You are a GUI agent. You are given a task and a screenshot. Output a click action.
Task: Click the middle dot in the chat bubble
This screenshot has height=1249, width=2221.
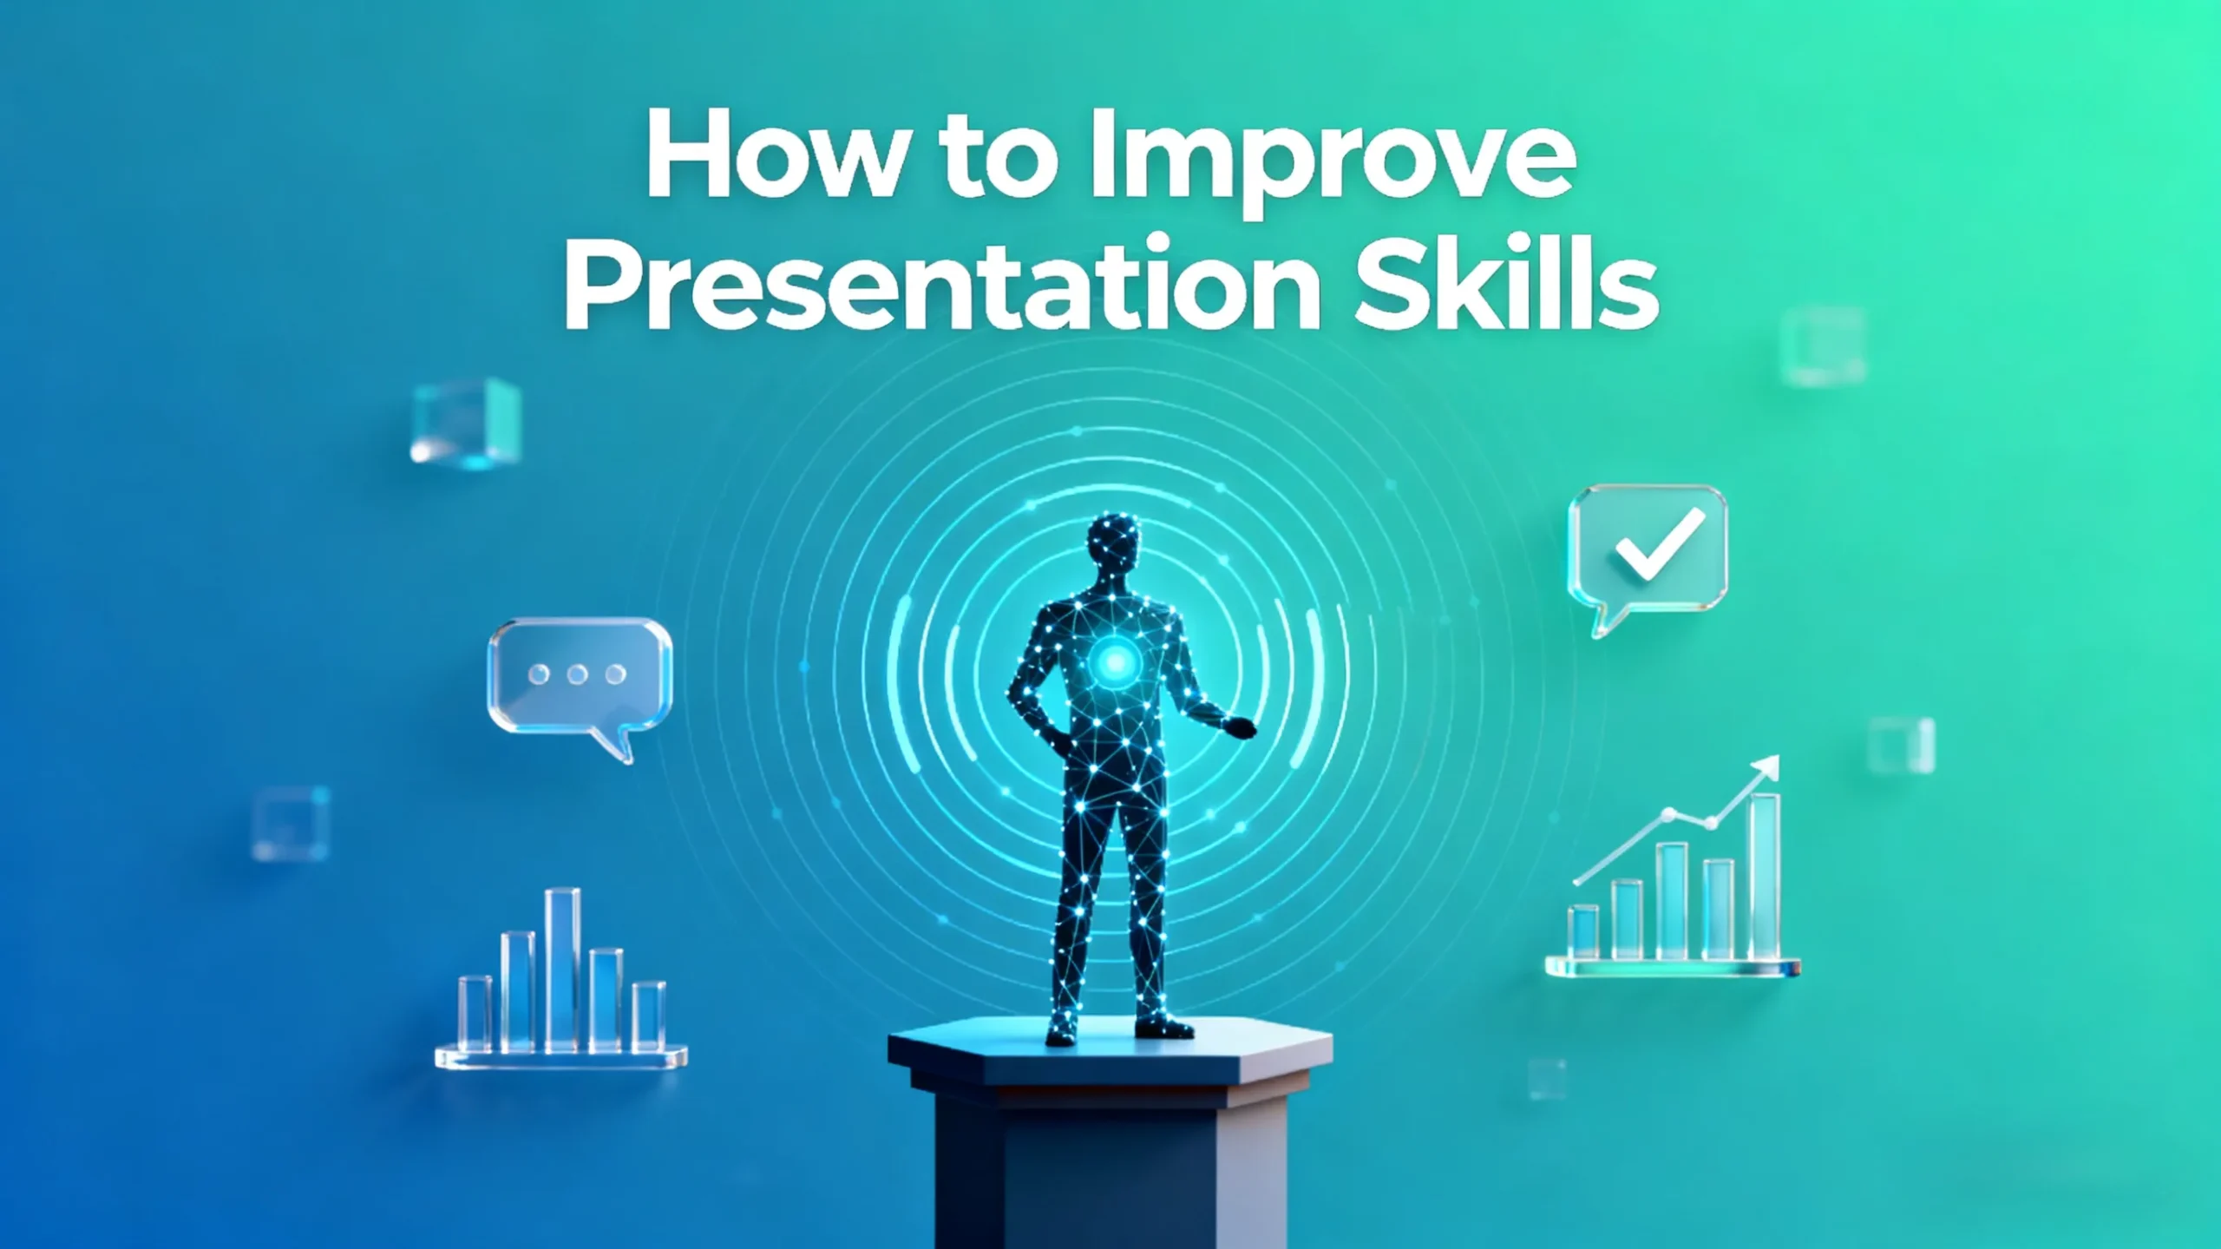pos(577,674)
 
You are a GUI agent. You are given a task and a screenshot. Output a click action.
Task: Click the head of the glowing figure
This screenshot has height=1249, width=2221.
pos(1114,549)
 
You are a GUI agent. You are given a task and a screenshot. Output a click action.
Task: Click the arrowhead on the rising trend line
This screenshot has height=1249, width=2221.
pos(1766,769)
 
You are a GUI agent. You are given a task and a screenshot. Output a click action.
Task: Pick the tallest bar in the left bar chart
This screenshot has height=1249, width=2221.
pos(562,970)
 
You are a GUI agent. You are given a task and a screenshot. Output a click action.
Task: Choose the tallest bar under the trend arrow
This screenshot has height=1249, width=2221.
pos(1765,877)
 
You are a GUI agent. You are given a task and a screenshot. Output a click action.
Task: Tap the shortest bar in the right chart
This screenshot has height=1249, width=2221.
pos(1584,932)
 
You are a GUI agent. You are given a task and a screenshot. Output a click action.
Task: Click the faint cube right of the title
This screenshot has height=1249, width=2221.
pos(1823,346)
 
